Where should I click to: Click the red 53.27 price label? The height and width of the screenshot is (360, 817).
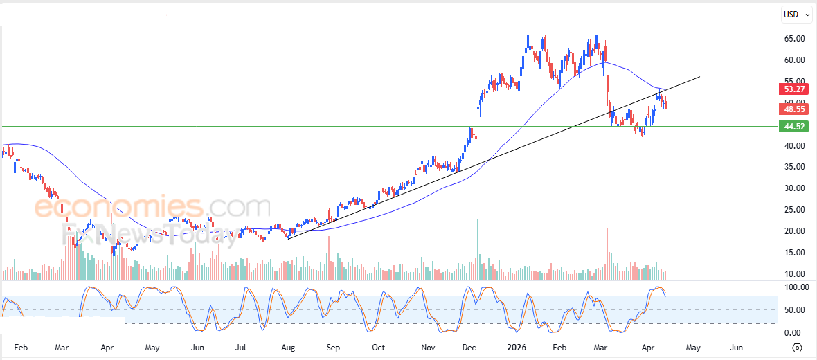[793, 89]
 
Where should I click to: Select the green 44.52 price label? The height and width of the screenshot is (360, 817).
[793, 127]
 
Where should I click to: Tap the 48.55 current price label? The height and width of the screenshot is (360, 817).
[793, 109]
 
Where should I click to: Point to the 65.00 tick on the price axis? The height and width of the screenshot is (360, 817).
[794, 39]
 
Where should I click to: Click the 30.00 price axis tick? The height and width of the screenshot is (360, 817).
[794, 188]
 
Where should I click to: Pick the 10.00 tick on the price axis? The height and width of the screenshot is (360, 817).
[794, 274]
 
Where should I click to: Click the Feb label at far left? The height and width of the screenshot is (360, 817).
[21, 347]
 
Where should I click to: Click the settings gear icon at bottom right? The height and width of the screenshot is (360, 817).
[797, 348]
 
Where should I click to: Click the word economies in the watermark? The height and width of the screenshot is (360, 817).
[118, 207]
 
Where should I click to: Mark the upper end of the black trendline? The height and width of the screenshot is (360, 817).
[700, 76]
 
